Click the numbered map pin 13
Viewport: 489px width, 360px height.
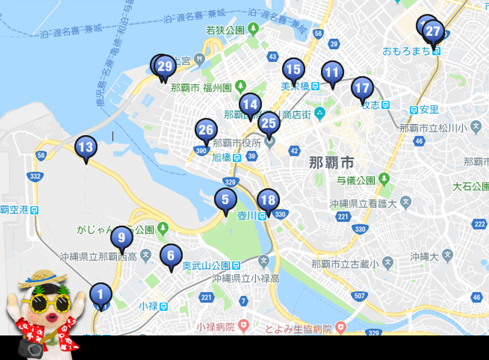[85, 147]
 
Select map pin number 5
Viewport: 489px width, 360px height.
[225, 199]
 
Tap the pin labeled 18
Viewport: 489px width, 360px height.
[268, 200]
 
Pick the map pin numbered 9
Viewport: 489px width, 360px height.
[121, 237]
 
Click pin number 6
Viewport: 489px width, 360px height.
[171, 254]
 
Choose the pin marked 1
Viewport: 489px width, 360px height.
[101, 294]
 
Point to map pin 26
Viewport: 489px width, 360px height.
[206, 130]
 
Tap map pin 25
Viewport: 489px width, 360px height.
[268, 122]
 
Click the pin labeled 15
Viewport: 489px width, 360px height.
[293, 70]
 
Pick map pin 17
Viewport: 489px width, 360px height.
[362, 89]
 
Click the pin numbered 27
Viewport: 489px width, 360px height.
[433, 31]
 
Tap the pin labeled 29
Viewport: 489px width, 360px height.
[165, 67]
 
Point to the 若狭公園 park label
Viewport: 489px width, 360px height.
[225, 30]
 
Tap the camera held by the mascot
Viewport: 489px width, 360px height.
[31, 348]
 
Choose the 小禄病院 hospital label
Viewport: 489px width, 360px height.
[216, 327]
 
